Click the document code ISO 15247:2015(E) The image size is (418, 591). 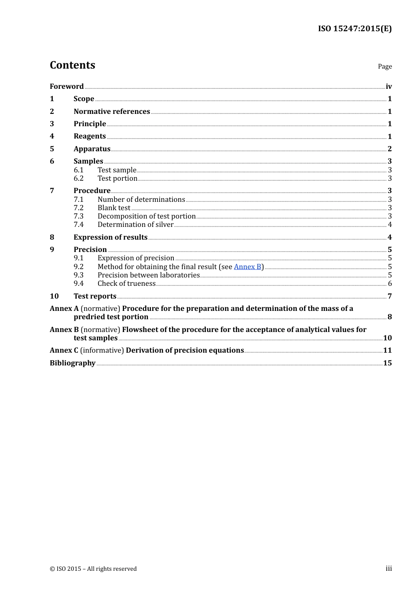[x=355, y=29]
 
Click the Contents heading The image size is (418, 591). [x=72, y=65]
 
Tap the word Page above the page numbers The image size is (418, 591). [x=385, y=66]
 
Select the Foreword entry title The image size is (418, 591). [x=66, y=86]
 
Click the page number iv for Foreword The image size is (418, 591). [x=389, y=87]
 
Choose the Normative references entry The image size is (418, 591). [x=112, y=111]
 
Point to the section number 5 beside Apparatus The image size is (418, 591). [x=52, y=149]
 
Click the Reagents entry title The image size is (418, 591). [x=90, y=136]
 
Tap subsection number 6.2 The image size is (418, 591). [x=79, y=178]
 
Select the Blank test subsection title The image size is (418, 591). [x=114, y=208]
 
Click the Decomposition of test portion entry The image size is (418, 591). [x=147, y=216]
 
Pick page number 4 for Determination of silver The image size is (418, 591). [x=390, y=225]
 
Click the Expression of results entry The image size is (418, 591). [x=110, y=237]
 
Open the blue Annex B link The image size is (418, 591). [x=248, y=266]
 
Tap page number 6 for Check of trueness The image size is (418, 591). [x=390, y=284]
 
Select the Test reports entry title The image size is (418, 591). [x=95, y=296]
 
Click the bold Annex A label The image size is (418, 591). [x=64, y=308]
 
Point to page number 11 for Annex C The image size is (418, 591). [x=387, y=350]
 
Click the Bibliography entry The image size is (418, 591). [x=73, y=363]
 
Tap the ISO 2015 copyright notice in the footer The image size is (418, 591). [x=93, y=569]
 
